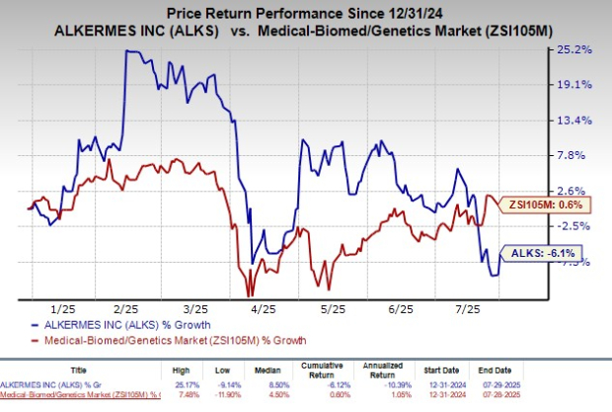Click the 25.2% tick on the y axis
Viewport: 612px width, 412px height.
tap(574, 49)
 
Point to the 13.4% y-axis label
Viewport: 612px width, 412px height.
tap(574, 121)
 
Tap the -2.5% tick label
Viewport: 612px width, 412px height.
tap(574, 225)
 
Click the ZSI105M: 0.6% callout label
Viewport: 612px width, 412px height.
tap(555, 205)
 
